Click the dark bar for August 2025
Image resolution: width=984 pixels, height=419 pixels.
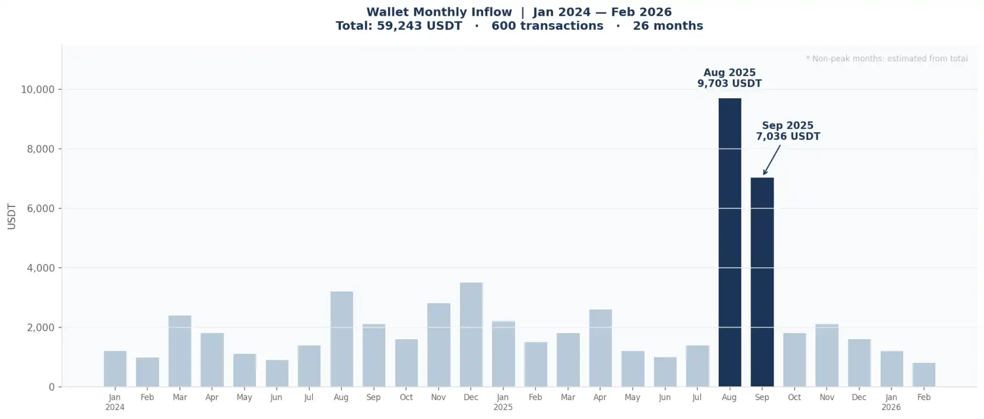click(x=729, y=242)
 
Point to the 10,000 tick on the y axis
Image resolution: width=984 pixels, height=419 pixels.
click(x=38, y=89)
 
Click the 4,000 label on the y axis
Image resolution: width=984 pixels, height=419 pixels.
click(x=41, y=268)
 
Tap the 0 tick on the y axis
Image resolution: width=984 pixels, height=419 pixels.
click(x=51, y=387)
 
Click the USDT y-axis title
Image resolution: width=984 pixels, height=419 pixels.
click(x=12, y=216)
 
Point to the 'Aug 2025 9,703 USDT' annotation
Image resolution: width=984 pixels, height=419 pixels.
click(x=729, y=78)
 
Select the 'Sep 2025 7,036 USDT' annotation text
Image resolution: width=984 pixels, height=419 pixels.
click(x=787, y=131)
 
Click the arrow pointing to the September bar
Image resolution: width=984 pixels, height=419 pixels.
click(x=772, y=160)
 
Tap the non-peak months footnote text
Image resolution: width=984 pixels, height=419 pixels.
click(x=886, y=58)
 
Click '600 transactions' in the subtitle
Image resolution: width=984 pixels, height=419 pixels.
click(x=547, y=26)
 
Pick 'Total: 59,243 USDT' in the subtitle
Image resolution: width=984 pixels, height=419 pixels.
click(x=399, y=26)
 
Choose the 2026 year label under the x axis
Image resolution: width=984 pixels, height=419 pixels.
click(x=891, y=407)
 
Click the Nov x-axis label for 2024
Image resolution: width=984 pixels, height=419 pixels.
click(x=438, y=397)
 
